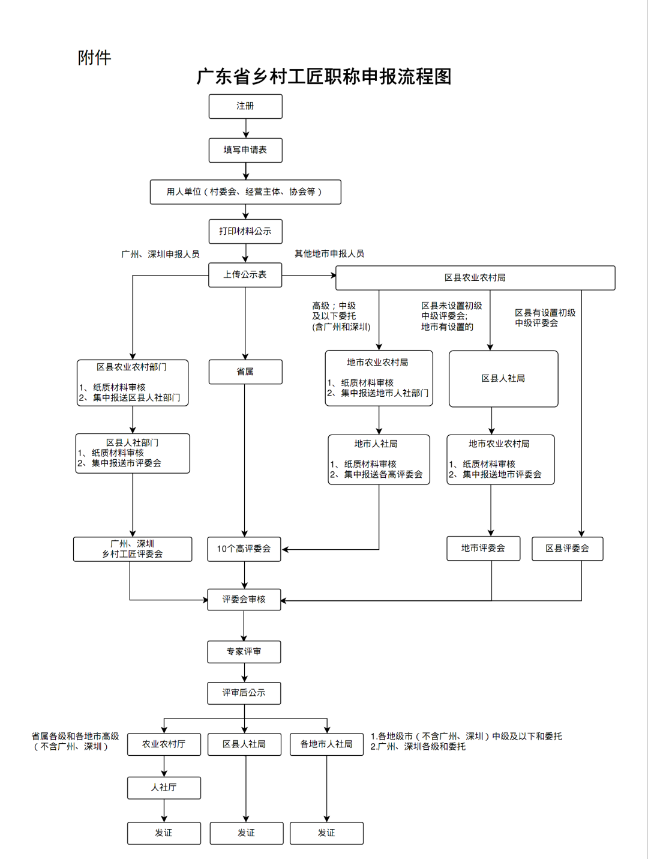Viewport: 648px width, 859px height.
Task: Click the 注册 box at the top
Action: (245, 106)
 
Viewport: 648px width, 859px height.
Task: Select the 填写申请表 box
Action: (245, 150)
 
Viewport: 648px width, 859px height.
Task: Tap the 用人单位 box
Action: (245, 192)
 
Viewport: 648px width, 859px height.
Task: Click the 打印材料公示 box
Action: (245, 231)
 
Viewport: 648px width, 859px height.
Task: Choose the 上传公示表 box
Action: (245, 275)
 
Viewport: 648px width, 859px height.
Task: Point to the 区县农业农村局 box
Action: (475, 278)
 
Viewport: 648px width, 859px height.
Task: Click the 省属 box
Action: (245, 372)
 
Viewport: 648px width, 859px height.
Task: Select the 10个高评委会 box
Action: (244, 549)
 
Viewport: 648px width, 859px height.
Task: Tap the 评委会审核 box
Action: (244, 599)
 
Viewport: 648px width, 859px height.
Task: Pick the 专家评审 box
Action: (244, 651)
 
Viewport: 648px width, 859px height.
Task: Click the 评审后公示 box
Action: (244, 693)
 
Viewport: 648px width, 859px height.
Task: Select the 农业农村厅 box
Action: (164, 744)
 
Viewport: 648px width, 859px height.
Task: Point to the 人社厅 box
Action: (164, 788)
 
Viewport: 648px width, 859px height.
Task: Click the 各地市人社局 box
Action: (326, 744)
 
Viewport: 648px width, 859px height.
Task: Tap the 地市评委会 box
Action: (483, 548)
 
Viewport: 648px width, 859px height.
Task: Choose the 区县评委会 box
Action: (567, 548)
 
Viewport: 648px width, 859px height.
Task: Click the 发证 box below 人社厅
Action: (164, 833)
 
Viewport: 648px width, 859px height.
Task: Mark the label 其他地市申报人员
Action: (329, 254)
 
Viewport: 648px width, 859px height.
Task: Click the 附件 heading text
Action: (95, 58)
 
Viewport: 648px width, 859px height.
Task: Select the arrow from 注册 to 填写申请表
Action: (246, 128)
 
